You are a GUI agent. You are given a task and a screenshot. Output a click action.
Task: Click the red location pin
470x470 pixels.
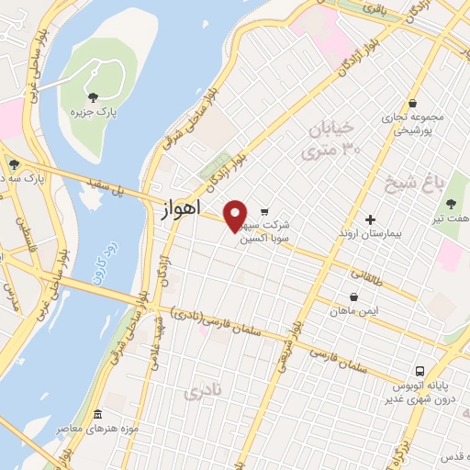click(x=236, y=216)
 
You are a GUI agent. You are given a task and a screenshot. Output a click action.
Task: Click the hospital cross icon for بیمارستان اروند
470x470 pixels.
click(x=370, y=219)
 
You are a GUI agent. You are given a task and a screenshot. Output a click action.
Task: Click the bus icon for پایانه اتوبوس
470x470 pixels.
click(x=420, y=371)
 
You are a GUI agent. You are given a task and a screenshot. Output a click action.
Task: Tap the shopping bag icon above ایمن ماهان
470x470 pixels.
click(x=354, y=297)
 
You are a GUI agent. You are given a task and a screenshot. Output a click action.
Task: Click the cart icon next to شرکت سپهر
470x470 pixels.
click(x=265, y=211)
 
